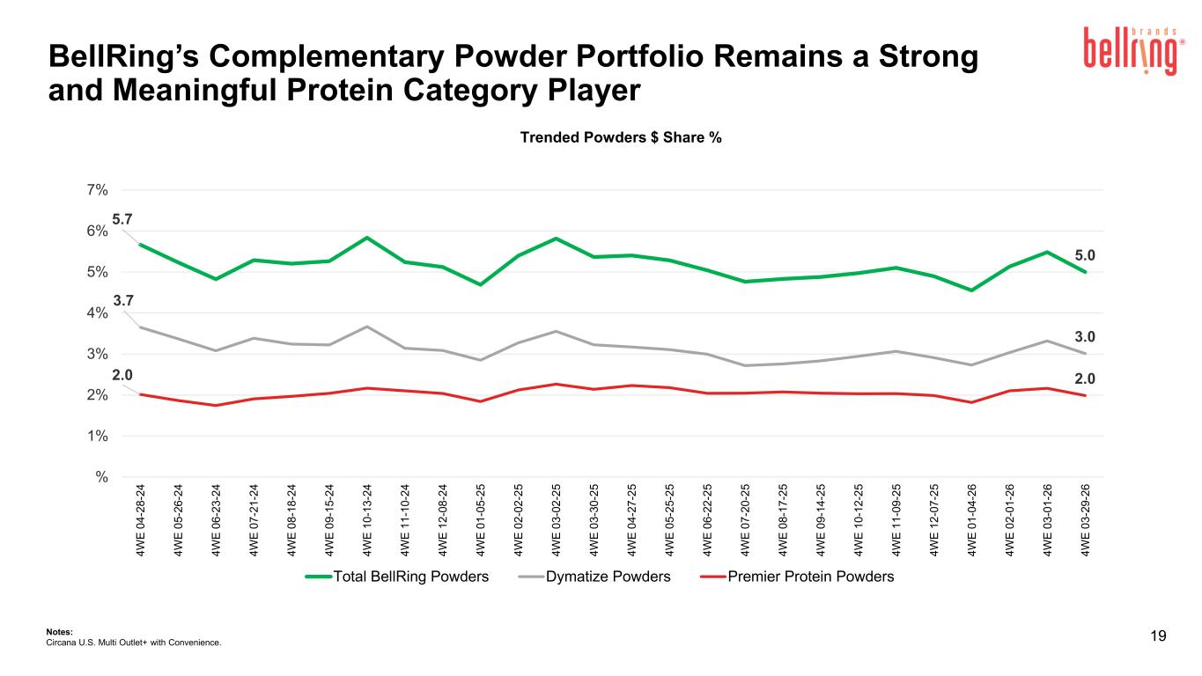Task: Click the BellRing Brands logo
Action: click(x=1133, y=50)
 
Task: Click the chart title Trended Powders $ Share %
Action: click(x=621, y=138)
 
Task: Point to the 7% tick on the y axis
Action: click(x=97, y=190)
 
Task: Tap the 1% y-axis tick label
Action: click(x=97, y=437)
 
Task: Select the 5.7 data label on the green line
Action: click(x=122, y=219)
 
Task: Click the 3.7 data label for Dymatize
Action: click(x=123, y=301)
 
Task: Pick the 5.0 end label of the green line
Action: click(x=1085, y=256)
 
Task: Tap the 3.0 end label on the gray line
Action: click(x=1085, y=337)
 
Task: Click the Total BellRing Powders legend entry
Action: click(x=397, y=577)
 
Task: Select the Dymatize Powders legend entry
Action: click(x=594, y=577)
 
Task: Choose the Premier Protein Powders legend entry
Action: click(x=798, y=577)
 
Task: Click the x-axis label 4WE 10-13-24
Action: click(x=367, y=520)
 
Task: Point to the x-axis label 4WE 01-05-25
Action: click(x=480, y=520)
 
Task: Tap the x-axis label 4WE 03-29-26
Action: click(x=1085, y=520)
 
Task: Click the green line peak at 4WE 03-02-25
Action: click(x=556, y=239)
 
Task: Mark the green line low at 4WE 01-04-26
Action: click(x=972, y=290)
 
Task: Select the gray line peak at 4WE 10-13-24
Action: click(x=367, y=327)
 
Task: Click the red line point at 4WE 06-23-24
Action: click(x=216, y=405)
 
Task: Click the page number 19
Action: click(x=1158, y=636)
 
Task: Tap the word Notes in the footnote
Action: click(x=59, y=632)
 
